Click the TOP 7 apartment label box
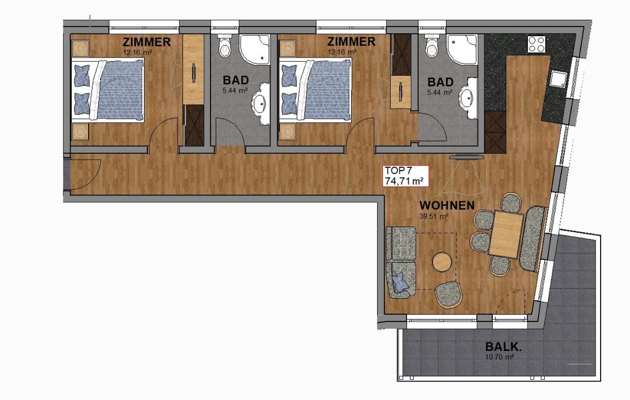tap(405, 176)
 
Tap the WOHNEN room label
tap(447, 205)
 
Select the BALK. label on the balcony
tap(503, 347)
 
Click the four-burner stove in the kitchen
tap(537, 44)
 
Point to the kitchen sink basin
tap(559, 80)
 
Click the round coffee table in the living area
tap(442, 262)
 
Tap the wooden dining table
tap(506, 234)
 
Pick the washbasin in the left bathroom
tap(259, 104)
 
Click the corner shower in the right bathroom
tap(462, 50)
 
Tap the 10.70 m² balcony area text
tap(499, 357)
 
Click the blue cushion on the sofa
tap(401, 282)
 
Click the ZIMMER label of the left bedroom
tap(147, 42)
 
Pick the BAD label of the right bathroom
tap(440, 82)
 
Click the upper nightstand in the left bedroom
tap(81, 48)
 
